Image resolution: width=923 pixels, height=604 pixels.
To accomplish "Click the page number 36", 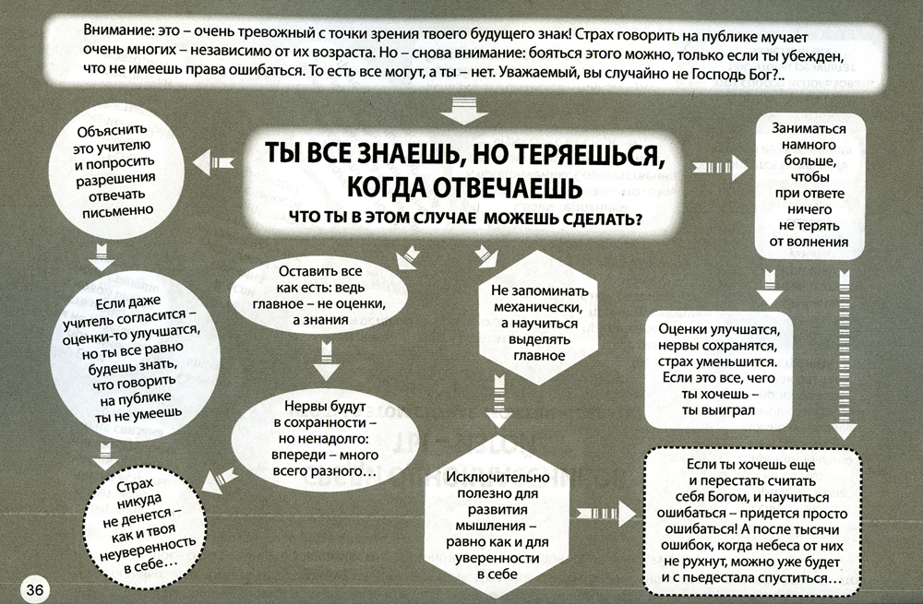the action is tap(35, 588).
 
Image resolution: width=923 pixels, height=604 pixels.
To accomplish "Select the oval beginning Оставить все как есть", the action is tap(318, 296).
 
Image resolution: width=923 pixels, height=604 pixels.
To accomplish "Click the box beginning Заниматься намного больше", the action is tap(809, 186).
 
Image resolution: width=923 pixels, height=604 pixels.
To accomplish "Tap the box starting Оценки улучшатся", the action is tap(718, 370).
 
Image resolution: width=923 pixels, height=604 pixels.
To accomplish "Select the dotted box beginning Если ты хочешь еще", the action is tap(753, 522).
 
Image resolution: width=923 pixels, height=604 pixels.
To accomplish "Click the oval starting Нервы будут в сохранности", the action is tap(324, 439).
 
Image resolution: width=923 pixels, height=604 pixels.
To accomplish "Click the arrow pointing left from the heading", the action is tap(213, 162).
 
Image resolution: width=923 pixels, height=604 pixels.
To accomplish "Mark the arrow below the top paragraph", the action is tap(463, 110).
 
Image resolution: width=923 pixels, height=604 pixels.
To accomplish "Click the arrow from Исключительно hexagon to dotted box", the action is tap(605, 514).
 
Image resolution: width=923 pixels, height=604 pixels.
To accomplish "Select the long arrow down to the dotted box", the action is tap(845, 355).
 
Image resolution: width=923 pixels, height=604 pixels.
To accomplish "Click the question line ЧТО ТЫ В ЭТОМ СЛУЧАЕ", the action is tap(465, 219).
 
